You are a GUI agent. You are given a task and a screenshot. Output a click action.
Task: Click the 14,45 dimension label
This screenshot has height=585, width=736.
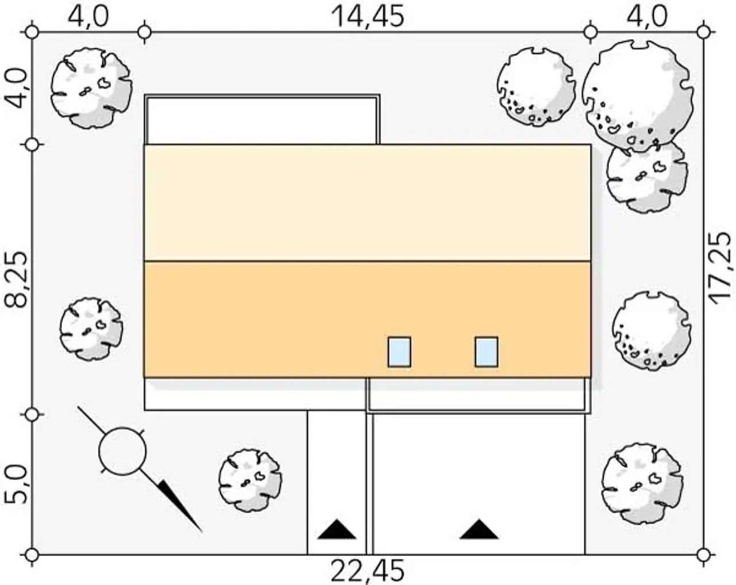tap(368, 17)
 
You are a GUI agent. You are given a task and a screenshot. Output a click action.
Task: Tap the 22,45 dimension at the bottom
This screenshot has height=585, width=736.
tap(367, 571)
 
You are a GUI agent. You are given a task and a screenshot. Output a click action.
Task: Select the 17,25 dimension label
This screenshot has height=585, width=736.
tap(722, 268)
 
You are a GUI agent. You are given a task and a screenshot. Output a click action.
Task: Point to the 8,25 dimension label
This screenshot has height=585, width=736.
tap(16, 280)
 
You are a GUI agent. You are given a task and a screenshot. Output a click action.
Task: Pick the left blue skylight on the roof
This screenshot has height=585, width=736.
tap(399, 352)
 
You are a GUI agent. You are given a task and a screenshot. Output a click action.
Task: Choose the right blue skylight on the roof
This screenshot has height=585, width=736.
tap(486, 352)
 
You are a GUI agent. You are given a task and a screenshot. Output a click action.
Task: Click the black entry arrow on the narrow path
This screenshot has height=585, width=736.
tap(337, 530)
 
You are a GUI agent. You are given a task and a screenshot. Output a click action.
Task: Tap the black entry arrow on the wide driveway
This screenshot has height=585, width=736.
tap(479, 529)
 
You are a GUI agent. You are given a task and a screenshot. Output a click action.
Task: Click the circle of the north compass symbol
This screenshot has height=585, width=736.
tap(122, 451)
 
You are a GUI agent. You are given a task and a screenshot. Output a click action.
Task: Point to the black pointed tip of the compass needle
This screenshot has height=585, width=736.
tap(202, 532)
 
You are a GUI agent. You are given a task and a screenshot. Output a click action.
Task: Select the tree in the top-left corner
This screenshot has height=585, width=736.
tap(91, 88)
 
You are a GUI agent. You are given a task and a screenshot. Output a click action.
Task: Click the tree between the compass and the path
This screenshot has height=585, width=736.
tap(250, 481)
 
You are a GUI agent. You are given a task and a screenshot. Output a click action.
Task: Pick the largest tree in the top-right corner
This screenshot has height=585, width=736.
tap(638, 97)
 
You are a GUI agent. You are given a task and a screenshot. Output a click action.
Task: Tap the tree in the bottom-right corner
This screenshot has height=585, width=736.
tap(642, 484)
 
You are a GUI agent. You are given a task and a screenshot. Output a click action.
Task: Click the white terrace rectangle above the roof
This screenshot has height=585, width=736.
tap(262, 120)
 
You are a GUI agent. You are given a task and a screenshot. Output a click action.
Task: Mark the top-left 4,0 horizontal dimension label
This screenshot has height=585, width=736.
tap(88, 17)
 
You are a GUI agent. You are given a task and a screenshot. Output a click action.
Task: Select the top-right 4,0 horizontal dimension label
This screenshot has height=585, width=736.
tap(647, 17)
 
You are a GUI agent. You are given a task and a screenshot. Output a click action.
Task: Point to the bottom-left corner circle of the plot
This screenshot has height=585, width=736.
tap(32, 555)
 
